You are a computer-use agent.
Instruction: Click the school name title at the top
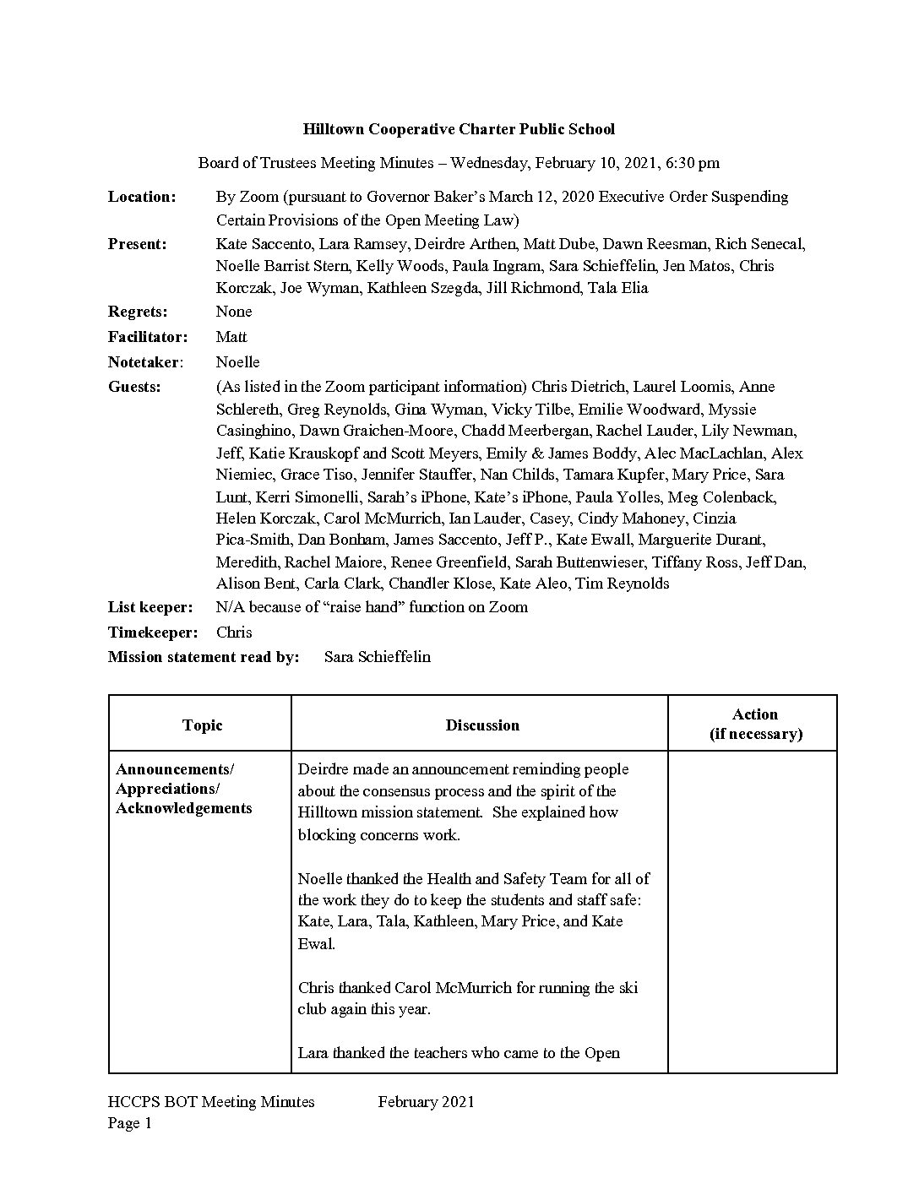(x=459, y=129)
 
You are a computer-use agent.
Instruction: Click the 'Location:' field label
(x=142, y=197)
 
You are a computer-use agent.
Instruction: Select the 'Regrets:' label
(x=138, y=312)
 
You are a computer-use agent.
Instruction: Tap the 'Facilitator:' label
(x=148, y=337)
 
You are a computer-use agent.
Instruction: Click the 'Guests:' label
(x=134, y=387)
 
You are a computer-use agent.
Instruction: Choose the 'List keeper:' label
(x=150, y=607)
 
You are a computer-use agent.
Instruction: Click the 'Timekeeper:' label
(x=153, y=633)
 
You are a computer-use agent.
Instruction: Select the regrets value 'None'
(x=234, y=312)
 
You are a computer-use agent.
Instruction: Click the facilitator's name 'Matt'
(x=231, y=337)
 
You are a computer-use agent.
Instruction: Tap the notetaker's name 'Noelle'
(x=237, y=362)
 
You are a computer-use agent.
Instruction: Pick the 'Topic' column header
(x=202, y=725)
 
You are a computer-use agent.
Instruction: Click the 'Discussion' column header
(x=482, y=725)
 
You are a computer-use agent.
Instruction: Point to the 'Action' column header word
(x=755, y=714)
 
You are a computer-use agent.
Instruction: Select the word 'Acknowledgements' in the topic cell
(x=183, y=808)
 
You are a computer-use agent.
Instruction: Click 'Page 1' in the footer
(x=130, y=1123)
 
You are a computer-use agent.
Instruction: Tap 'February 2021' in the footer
(x=426, y=1102)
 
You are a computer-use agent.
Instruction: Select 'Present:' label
(x=138, y=244)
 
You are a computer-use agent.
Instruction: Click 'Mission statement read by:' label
(x=204, y=657)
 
